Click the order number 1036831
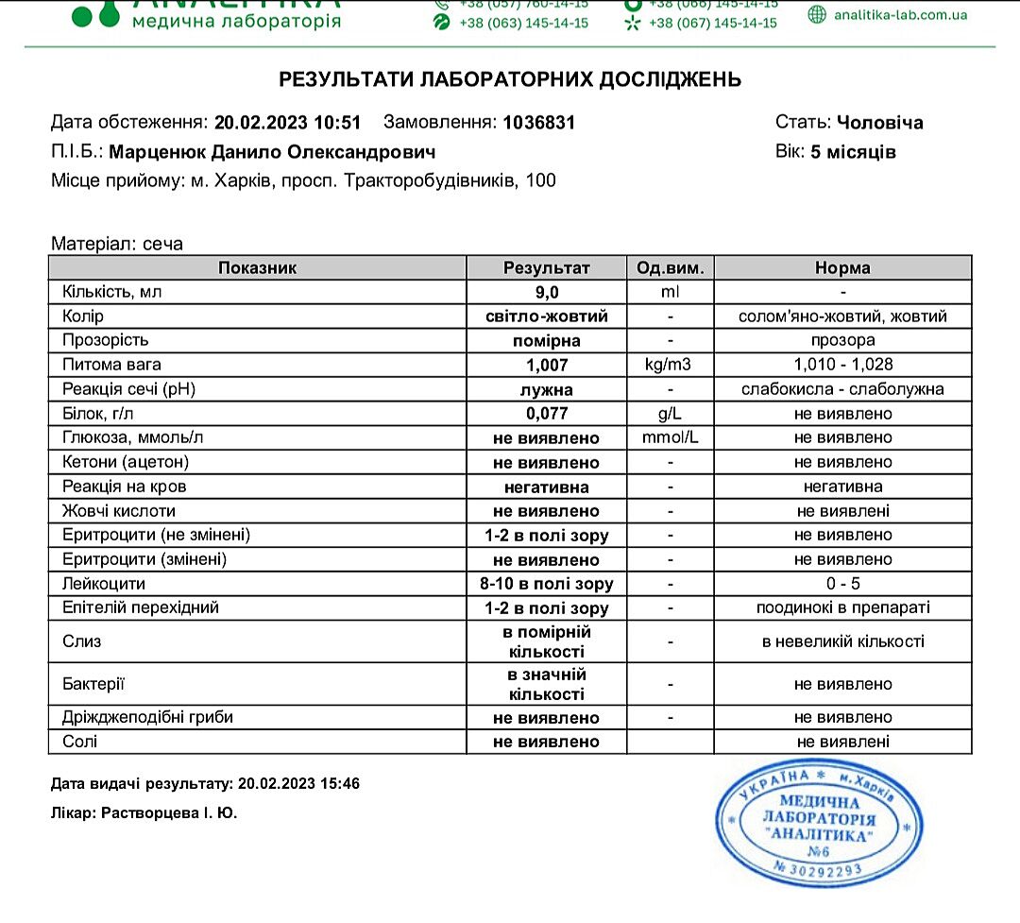tap(538, 122)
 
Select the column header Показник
tap(257, 267)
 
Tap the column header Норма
tap(842, 267)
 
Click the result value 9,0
tap(546, 292)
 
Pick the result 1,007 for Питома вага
tap(546, 365)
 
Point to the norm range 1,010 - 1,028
tap(842, 365)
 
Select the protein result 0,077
tap(546, 414)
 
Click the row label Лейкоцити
tap(103, 584)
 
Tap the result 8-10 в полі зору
tap(546, 584)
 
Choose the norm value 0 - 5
tap(842, 584)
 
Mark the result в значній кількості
tap(546, 684)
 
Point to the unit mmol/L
tap(670, 438)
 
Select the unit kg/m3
tap(670, 365)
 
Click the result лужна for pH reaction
tap(546, 389)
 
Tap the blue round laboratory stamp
tap(818, 826)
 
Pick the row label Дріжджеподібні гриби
tap(147, 717)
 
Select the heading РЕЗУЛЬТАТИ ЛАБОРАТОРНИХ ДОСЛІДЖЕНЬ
tap(510, 79)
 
